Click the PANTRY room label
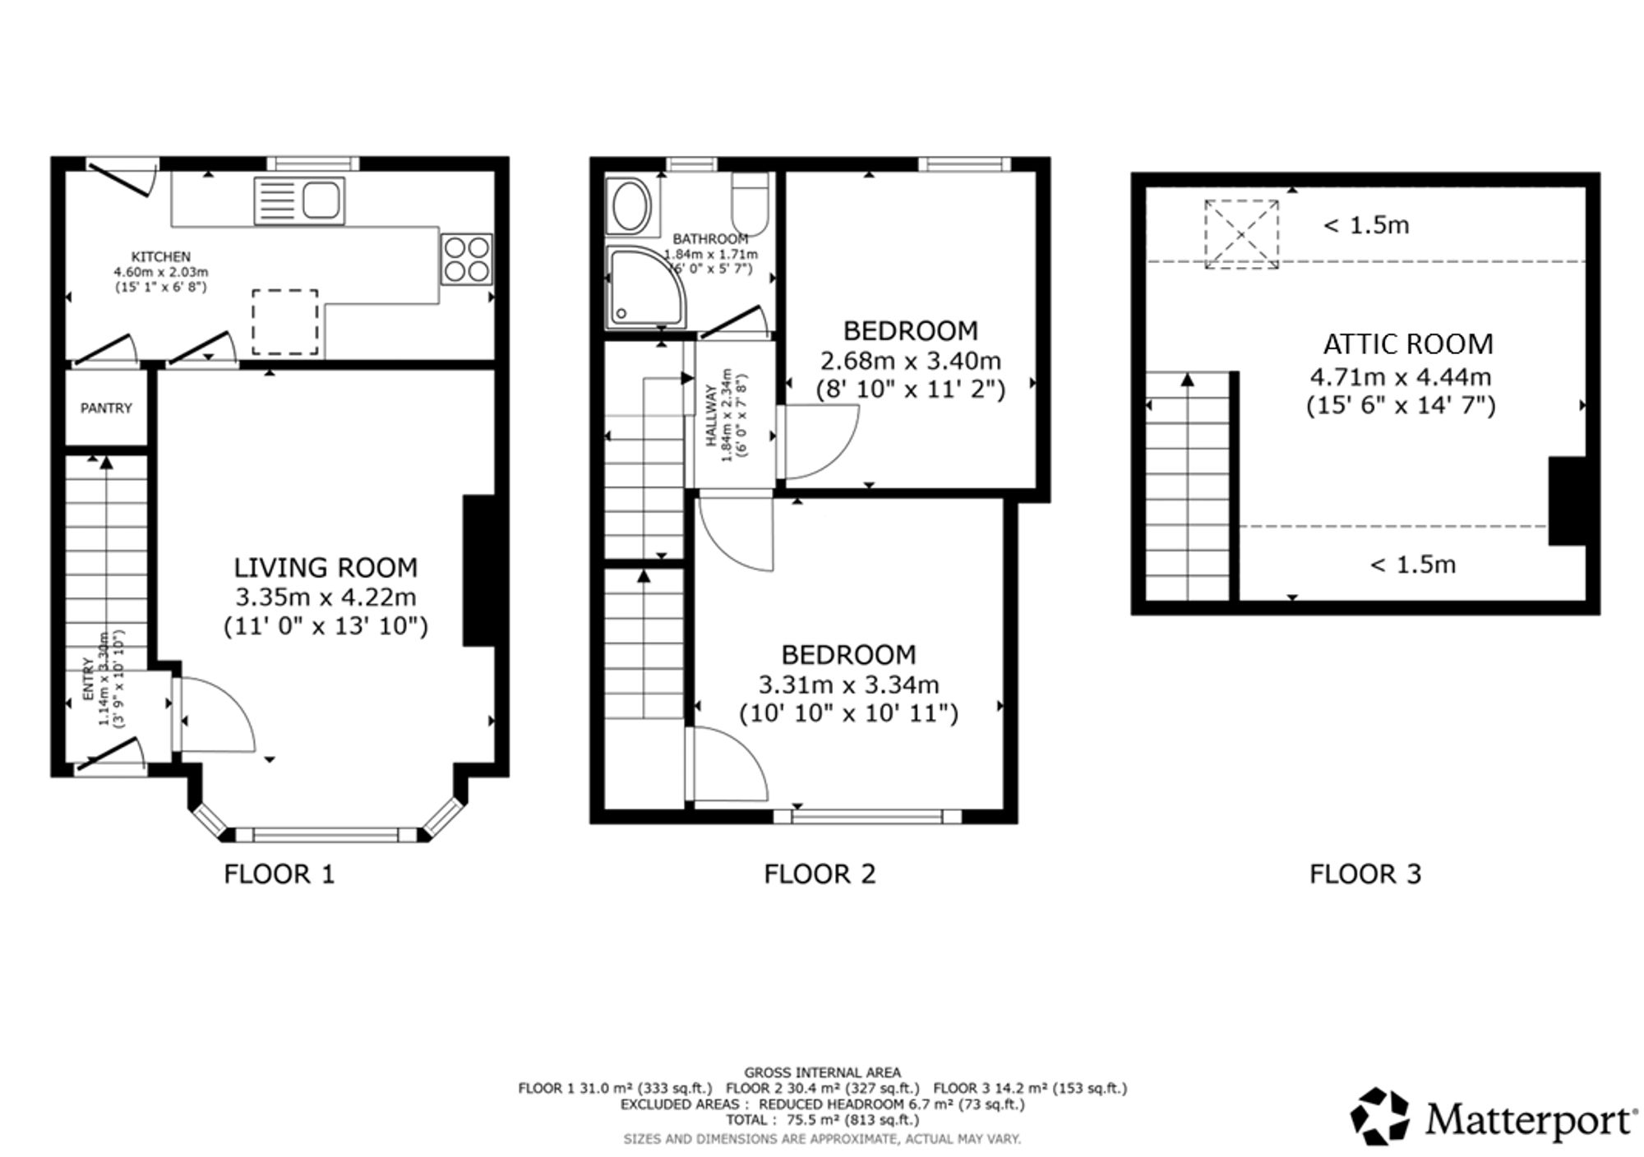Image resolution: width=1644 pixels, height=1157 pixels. coord(106,408)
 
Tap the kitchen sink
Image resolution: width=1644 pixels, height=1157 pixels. coord(299,201)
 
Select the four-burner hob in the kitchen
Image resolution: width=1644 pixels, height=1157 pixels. coord(467,260)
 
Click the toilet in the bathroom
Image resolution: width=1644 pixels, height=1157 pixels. coord(749,204)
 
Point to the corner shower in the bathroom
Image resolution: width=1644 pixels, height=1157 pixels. coord(645,285)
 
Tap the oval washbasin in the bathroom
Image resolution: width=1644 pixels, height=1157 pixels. coord(630,206)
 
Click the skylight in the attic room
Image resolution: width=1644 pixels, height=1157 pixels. coord(1242,234)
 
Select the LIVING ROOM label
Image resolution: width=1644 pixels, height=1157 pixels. coord(326,568)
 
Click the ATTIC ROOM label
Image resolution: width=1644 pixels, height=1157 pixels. coord(1408,344)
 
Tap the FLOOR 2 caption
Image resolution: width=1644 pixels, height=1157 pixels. coord(820,874)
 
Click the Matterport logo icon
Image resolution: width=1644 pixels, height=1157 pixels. coord(1381,1116)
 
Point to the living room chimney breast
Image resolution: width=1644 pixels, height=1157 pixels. coord(479,570)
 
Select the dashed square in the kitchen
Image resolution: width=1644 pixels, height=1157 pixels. coord(284,322)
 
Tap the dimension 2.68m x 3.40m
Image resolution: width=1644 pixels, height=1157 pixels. coord(911,361)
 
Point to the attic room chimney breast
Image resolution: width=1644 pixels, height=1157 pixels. coord(1567,501)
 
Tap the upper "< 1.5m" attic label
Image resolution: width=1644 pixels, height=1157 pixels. coord(1365,225)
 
